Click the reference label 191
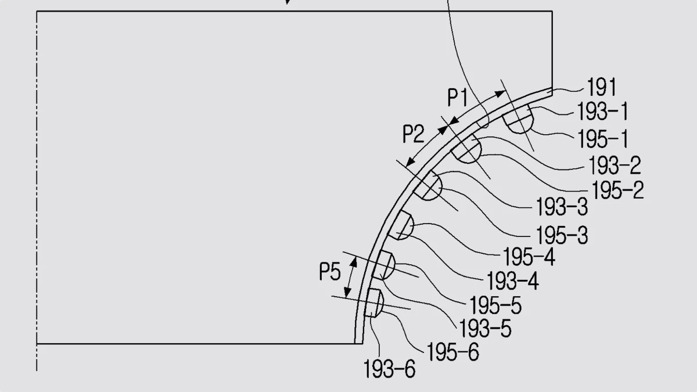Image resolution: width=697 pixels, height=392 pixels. click(x=601, y=87)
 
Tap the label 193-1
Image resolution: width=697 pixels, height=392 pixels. click(x=602, y=112)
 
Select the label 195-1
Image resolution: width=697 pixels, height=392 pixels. click(x=603, y=139)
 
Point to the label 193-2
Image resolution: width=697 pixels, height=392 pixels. click(x=615, y=165)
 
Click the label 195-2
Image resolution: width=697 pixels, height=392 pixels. click(x=617, y=190)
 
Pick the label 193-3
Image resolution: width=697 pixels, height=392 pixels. click(x=562, y=207)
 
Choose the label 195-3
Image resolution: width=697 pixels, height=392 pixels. click(x=562, y=235)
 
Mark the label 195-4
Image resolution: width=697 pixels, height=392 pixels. click(x=529, y=257)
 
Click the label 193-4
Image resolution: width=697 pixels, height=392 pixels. click(x=512, y=280)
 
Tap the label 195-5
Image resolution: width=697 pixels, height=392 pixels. click(x=495, y=305)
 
